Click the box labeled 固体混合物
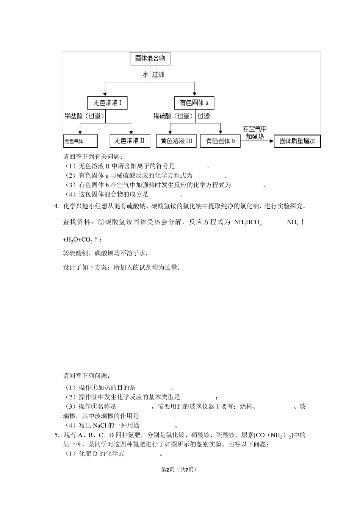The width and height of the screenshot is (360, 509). click(150, 59)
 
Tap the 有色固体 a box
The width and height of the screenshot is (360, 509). click(194, 103)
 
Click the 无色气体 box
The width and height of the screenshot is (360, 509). click(80, 141)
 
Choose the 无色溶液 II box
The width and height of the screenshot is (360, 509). click(130, 141)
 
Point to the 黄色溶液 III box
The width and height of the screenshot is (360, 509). click(176, 141)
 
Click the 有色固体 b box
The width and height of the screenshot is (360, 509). click(220, 141)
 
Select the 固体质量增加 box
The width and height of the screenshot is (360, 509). click(297, 141)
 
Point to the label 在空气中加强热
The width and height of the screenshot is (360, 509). click(255, 133)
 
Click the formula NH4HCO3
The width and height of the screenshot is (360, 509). click(248, 223)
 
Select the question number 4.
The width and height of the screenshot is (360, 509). click(57, 206)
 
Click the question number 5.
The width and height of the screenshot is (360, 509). click(57, 435)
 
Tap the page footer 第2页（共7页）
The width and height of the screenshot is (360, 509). click(179, 470)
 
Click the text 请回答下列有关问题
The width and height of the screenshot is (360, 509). click(93, 156)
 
